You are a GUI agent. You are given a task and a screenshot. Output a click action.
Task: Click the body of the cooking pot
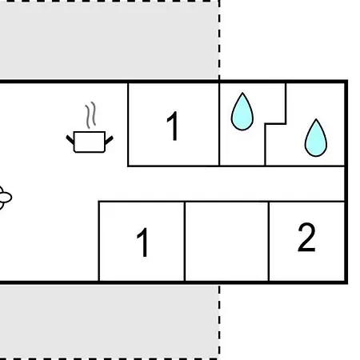point(90,142)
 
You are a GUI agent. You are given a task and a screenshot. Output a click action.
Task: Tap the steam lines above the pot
point(90,115)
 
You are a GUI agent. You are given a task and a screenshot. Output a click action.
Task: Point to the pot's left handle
point(70,140)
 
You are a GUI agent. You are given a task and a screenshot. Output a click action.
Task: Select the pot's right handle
point(109,140)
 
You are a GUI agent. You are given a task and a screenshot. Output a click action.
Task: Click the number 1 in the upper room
point(173,126)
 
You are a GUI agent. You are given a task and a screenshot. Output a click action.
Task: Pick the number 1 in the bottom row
point(142,242)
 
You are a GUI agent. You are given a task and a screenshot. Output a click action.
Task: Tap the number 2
point(306,237)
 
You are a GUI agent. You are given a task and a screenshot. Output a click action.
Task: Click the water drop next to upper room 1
point(242,111)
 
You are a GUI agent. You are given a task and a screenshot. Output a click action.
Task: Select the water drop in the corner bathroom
point(316,138)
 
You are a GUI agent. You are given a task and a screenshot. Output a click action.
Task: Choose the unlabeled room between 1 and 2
point(226,241)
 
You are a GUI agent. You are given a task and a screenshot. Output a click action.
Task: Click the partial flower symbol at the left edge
point(5,198)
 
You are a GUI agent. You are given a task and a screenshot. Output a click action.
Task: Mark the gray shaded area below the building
point(109,321)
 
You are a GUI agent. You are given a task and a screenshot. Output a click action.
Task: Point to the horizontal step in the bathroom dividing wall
point(275,124)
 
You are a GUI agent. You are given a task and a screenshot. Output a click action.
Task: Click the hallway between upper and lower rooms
point(222,184)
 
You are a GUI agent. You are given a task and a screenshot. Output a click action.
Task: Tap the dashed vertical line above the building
point(219,40)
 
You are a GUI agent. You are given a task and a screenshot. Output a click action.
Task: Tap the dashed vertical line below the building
point(219,322)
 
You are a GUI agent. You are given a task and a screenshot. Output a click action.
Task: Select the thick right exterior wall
point(346,182)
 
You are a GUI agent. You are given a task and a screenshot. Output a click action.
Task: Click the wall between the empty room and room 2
point(269,241)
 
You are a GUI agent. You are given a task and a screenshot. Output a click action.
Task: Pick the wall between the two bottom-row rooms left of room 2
point(185,241)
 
